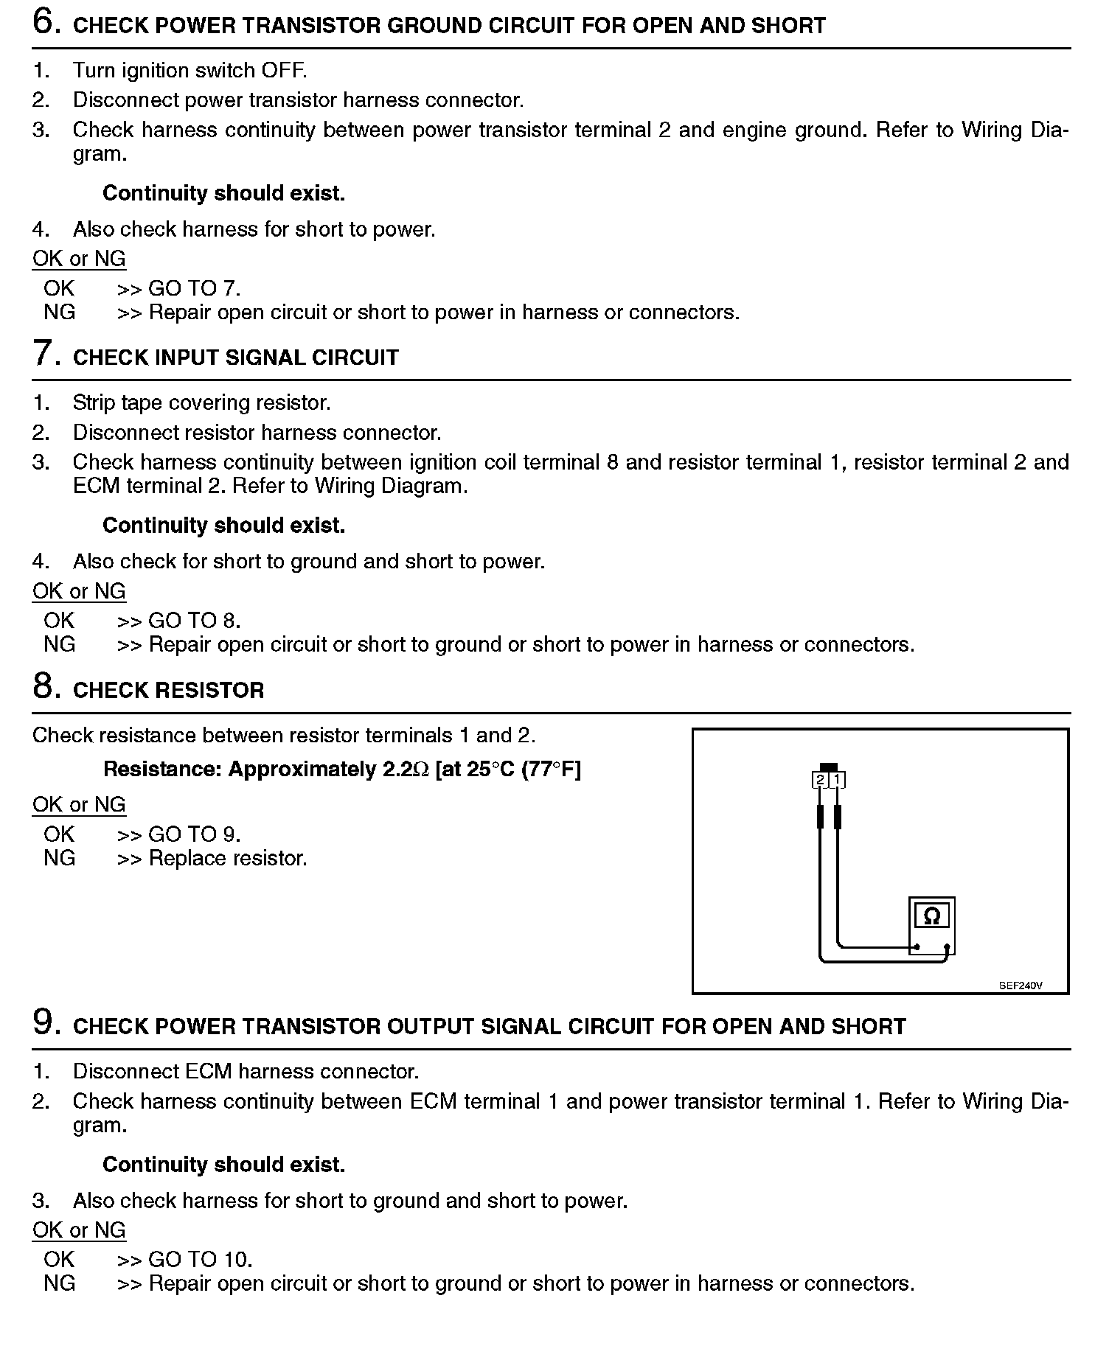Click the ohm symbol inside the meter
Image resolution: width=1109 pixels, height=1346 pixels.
coord(931,916)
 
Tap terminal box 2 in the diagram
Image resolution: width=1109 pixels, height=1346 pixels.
coord(821,780)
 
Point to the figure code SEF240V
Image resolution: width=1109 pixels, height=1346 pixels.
coord(1021,985)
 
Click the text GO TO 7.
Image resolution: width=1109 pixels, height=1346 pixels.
coord(194,288)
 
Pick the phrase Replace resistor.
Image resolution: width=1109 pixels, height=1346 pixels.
coord(228,859)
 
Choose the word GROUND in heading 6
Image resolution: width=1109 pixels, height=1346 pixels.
coord(437,27)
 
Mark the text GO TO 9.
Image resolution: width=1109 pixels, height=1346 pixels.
coord(194,834)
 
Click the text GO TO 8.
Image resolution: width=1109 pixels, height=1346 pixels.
coord(194,621)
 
